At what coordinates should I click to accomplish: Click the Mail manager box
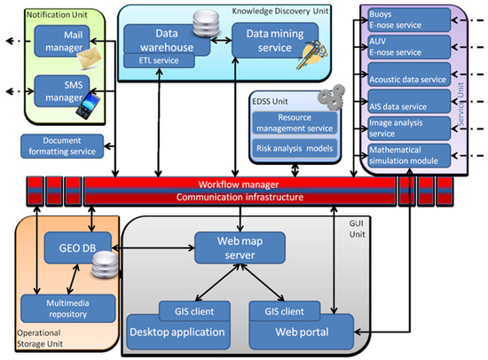pos(58,38)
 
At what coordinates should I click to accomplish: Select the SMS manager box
pos(58,87)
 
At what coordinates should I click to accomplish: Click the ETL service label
pos(153,60)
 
